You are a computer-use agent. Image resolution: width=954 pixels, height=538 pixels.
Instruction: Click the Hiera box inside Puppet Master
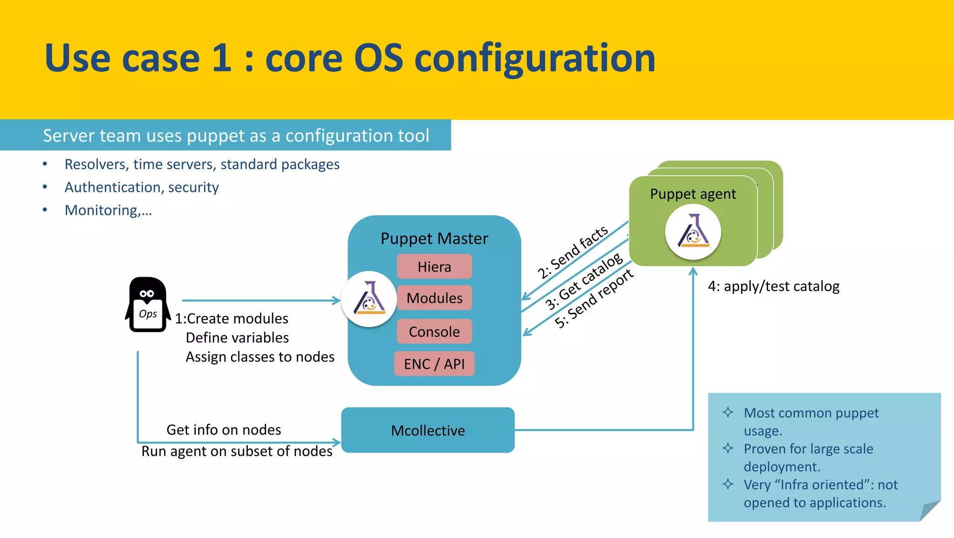coord(434,266)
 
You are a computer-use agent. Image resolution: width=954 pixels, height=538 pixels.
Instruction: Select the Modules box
coord(434,298)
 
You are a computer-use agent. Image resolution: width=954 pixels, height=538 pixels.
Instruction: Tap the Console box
coord(434,332)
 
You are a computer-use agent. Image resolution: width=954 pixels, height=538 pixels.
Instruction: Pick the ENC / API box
coord(434,364)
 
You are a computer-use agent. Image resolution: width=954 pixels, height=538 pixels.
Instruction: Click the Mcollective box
coord(428,430)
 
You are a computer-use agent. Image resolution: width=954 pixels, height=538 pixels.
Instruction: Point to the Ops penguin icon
coord(148,305)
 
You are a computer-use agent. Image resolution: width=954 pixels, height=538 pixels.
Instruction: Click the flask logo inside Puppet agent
coord(693,232)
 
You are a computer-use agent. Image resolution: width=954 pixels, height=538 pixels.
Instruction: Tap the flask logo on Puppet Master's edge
coord(369,299)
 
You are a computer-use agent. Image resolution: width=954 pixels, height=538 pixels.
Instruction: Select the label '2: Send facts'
coord(572,252)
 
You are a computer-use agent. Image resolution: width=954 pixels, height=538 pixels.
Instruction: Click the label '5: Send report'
coord(594,299)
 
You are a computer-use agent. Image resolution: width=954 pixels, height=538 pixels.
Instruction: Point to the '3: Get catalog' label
coord(584,281)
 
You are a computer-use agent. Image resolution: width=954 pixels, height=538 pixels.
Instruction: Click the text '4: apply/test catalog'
coord(773,286)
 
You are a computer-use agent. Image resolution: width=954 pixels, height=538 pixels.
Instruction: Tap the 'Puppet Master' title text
coord(434,238)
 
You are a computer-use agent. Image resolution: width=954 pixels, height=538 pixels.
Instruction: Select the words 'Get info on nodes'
coord(224,429)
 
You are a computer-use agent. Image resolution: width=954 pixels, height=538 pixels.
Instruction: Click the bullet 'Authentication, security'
coord(142,187)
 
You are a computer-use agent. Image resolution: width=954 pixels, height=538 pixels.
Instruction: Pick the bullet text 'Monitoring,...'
coord(108,210)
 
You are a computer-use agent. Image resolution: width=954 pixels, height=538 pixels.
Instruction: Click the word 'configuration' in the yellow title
coord(534,58)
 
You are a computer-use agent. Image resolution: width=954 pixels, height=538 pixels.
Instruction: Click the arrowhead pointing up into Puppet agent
coord(693,271)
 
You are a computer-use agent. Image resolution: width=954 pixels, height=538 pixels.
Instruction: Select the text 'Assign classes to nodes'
coord(260,357)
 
